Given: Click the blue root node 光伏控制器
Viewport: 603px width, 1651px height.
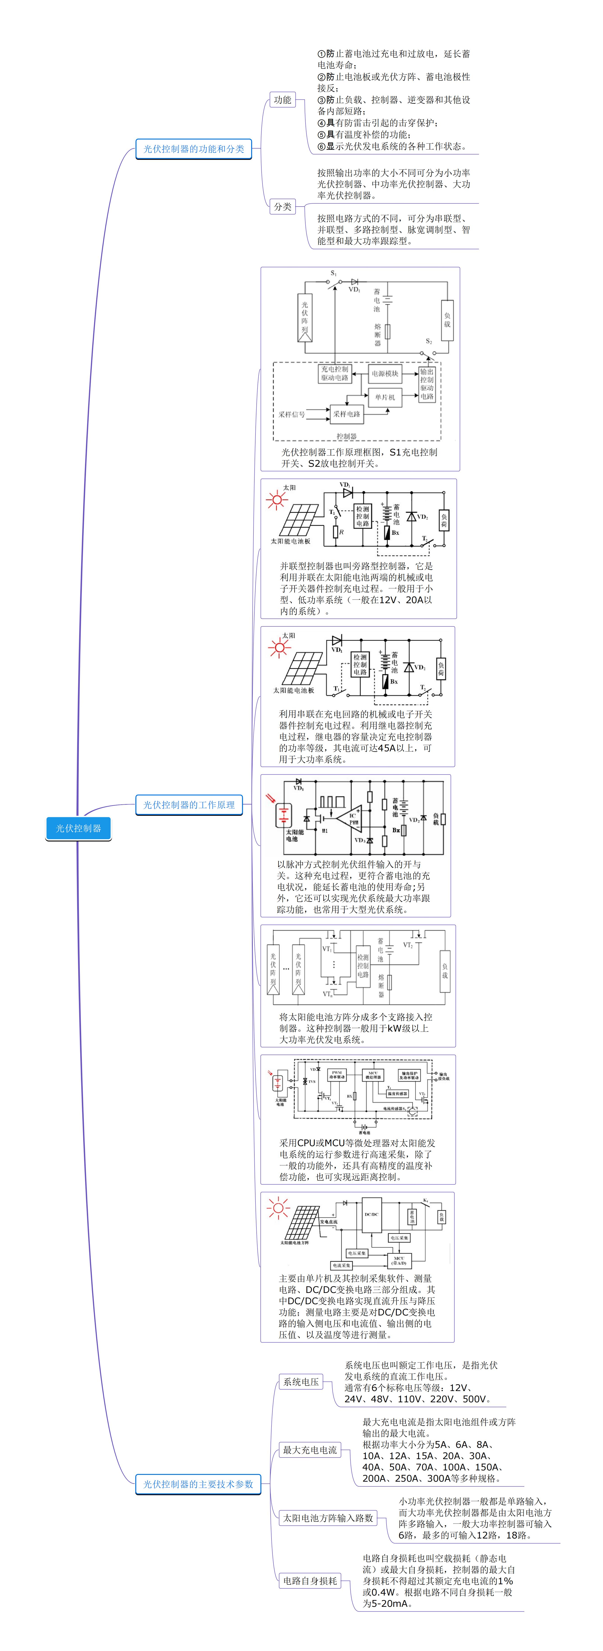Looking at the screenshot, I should tap(78, 828).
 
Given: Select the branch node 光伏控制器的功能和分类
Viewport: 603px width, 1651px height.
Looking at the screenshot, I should tap(193, 149).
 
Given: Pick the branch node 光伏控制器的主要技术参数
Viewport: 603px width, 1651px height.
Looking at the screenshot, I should tap(198, 1484).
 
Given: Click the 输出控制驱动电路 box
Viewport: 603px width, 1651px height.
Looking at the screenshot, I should tap(427, 384).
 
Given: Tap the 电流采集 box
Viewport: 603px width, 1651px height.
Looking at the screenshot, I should tap(342, 1265).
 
